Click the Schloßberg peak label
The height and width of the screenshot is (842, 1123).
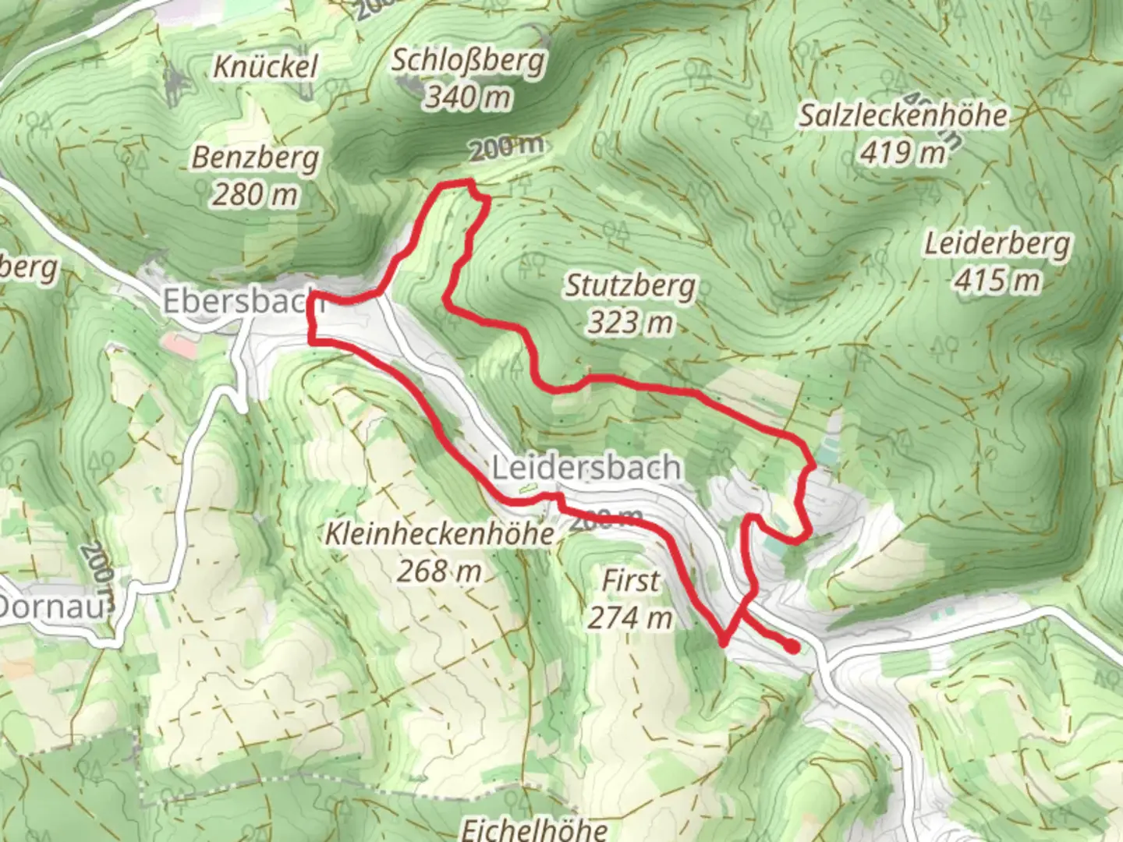click(468, 61)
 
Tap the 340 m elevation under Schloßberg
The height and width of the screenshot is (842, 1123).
click(468, 97)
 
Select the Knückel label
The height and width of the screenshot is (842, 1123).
click(266, 67)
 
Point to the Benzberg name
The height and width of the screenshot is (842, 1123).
click(256, 158)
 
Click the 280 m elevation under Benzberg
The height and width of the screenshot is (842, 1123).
click(255, 193)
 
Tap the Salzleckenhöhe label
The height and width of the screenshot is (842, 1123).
click(903, 116)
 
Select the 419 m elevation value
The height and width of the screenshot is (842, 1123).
click(903, 152)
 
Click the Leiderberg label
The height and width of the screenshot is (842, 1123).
click(997, 244)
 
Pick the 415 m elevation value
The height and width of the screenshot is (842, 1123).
click(997, 280)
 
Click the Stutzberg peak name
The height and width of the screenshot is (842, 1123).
click(630, 286)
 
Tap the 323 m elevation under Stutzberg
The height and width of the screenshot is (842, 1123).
click(630, 321)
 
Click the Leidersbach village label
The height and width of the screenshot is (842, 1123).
click(586, 468)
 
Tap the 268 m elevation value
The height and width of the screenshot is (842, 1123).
click(440, 571)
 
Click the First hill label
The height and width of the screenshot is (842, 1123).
click(630, 581)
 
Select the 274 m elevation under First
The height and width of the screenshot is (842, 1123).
click(630, 617)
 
